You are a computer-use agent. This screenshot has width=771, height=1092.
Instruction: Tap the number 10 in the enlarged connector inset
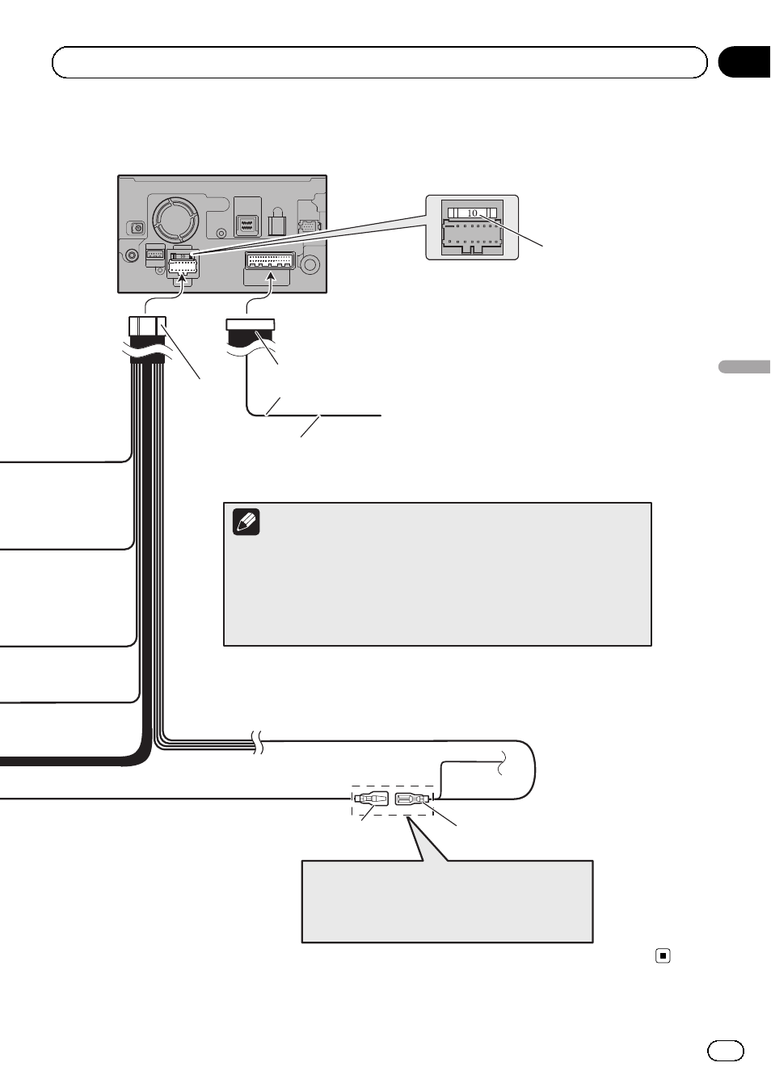point(472,213)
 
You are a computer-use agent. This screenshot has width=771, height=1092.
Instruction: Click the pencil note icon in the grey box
point(246,522)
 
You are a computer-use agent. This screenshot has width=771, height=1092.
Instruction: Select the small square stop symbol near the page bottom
point(663,956)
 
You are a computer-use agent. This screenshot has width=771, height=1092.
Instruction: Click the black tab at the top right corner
point(744,62)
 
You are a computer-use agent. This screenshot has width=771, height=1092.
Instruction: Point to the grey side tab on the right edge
point(744,367)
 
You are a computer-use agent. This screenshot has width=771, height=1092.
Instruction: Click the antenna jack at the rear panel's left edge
point(137,228)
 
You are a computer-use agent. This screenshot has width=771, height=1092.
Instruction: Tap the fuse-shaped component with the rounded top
point(276,222)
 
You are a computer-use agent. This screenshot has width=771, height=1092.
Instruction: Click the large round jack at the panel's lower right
point(310,264)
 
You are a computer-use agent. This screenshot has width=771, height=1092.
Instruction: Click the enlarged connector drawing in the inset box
point(472,228)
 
